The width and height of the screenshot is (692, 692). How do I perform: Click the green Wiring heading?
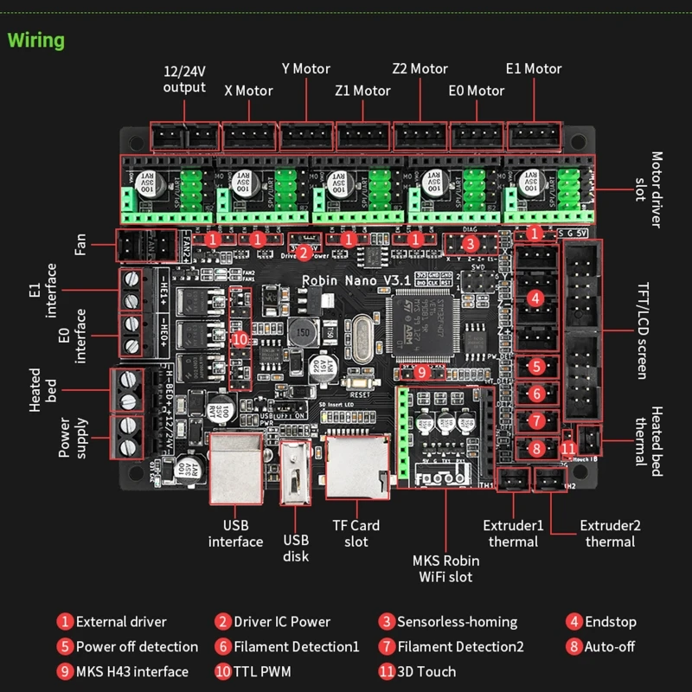36,40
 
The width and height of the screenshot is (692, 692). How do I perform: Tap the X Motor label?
248,90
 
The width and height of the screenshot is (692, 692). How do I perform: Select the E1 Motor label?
534,68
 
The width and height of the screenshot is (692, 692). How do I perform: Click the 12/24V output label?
185,79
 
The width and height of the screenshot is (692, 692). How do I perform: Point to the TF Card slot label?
356,533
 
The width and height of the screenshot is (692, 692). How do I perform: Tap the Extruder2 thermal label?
610,533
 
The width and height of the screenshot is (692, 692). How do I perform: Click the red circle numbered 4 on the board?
536,299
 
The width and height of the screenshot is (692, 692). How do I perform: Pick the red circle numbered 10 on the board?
239,338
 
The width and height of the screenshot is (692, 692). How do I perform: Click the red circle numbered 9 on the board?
421,372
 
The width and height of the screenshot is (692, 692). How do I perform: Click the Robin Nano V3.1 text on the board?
344,280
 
